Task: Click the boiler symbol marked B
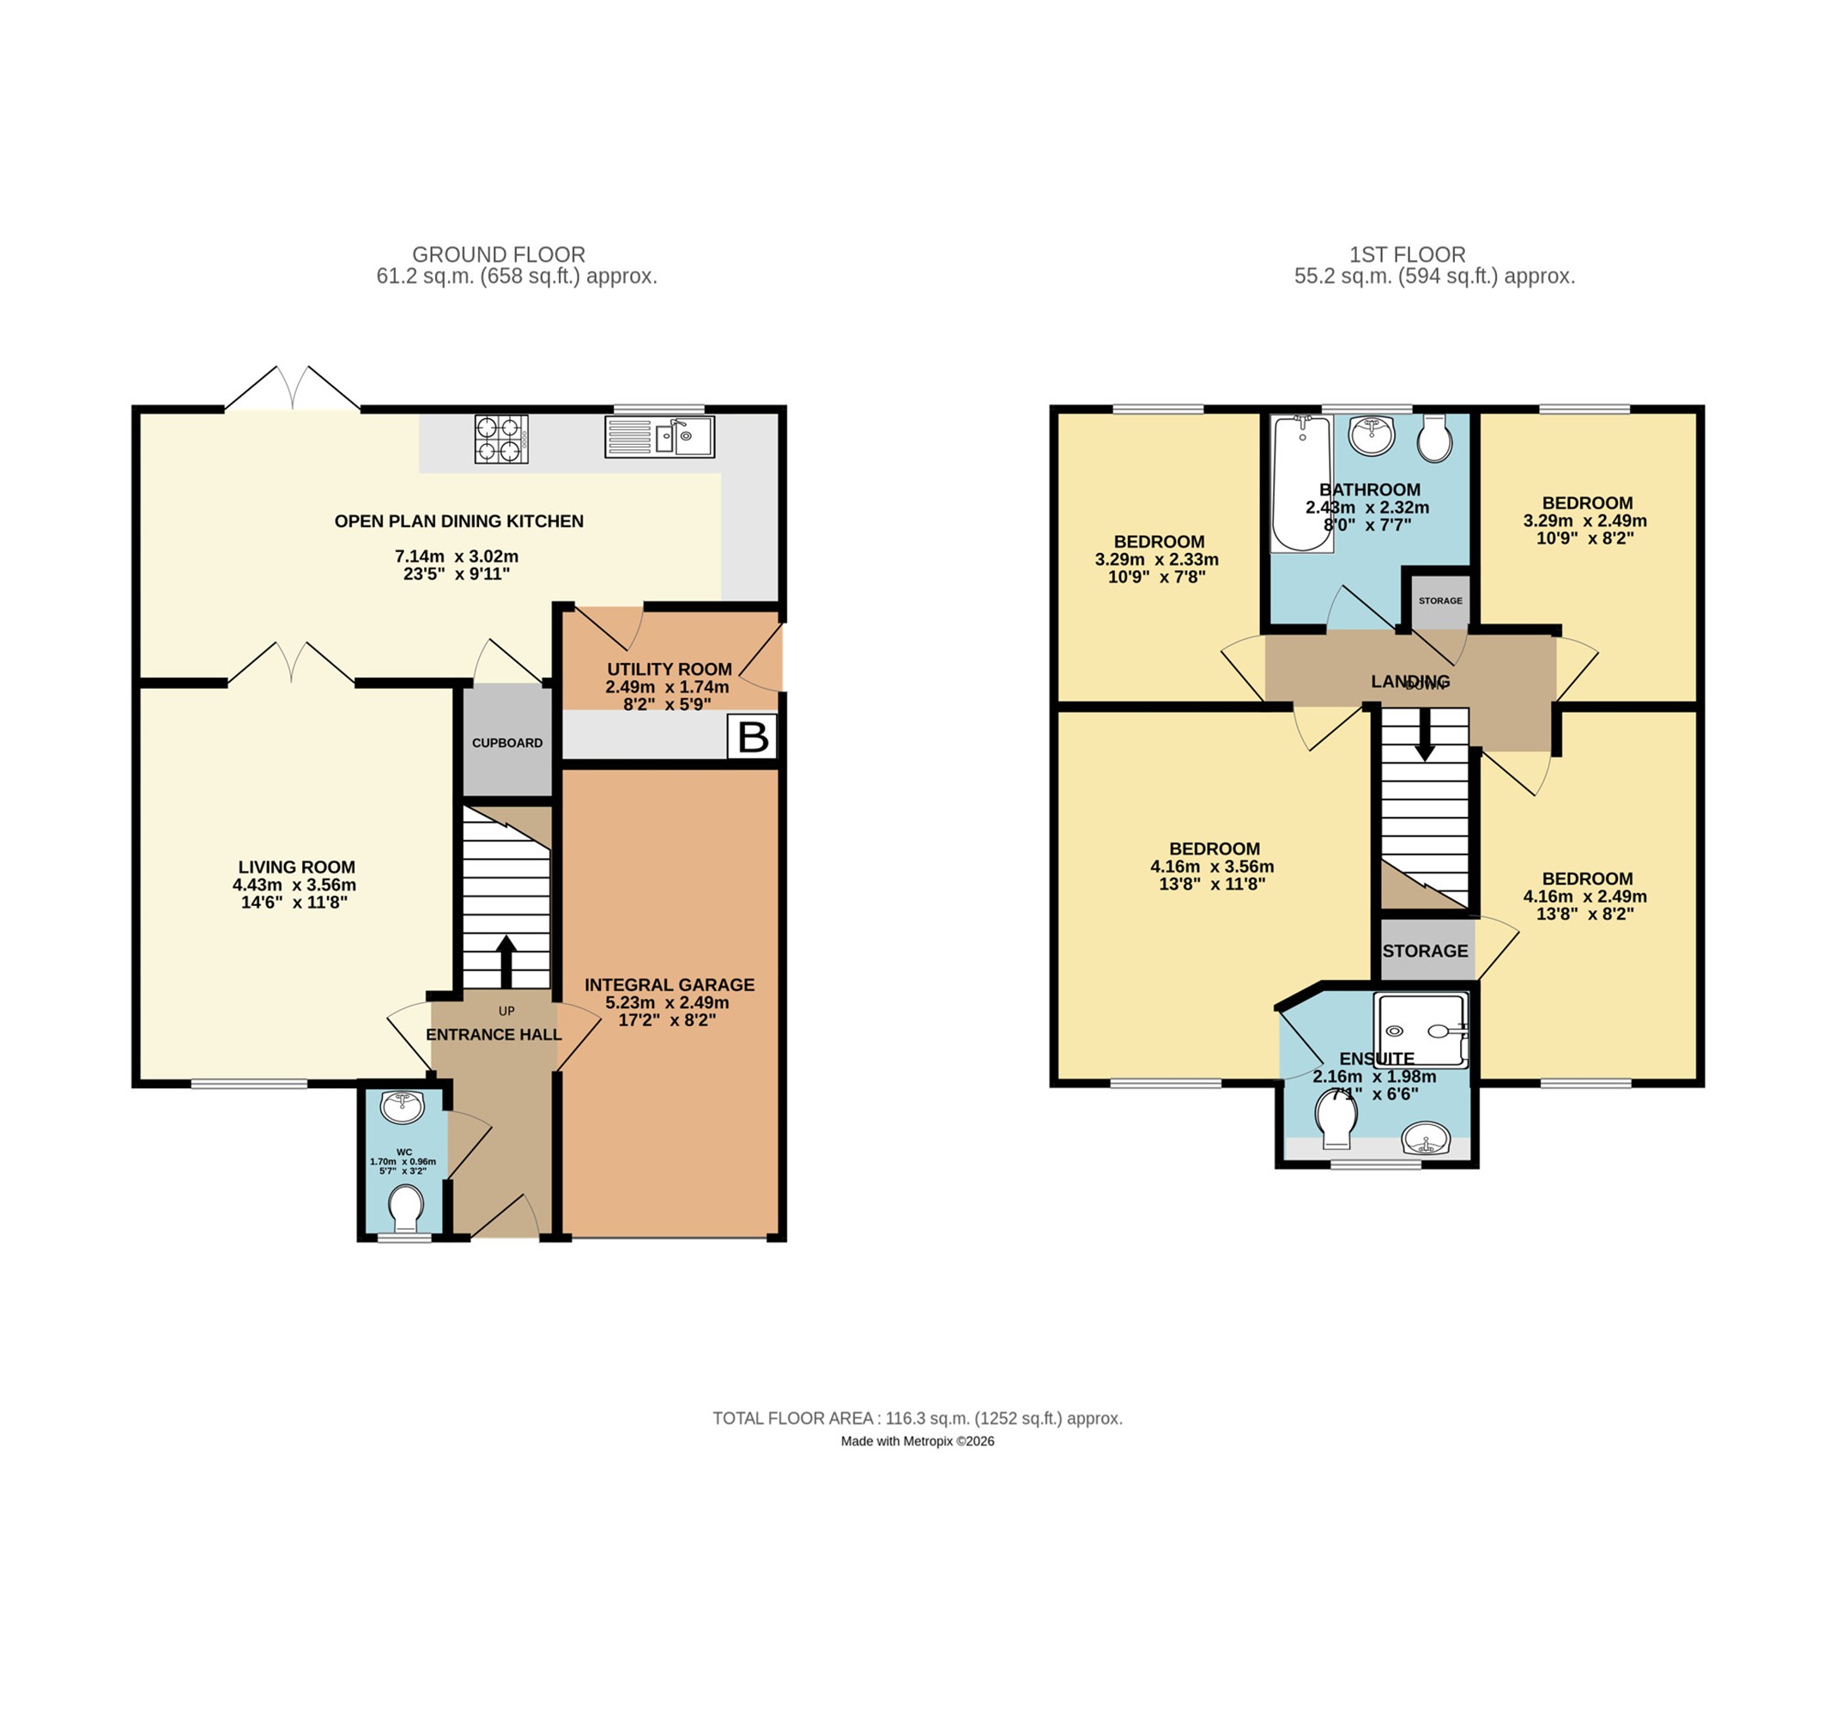[x=753, y=736]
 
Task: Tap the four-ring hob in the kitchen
[x=501, y=439]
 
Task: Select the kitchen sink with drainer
[x=659, y=437]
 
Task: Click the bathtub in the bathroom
[x=1301, y=484]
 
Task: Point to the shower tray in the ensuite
[x=1421, y=1030]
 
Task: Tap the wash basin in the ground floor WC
[x=403, y=1107]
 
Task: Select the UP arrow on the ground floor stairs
[x=506, y=963]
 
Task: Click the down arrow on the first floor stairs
[x=1425, y=734]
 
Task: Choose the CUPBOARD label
[x=507, y=743]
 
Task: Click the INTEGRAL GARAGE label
[x=670, y=985]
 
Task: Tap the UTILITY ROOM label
[x=670, y=669]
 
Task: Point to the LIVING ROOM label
[x=296, y=867]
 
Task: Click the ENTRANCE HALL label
[x=494, y=1035]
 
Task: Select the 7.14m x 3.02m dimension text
[x=457, y=556]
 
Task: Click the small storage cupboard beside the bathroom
[x=1439, y=601]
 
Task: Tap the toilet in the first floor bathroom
[x=1434, y=439]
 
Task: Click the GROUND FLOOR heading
[x=499, y=254]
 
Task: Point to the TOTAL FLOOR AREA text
[x=917, y=1418]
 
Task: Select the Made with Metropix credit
[x=917, y=1441]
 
